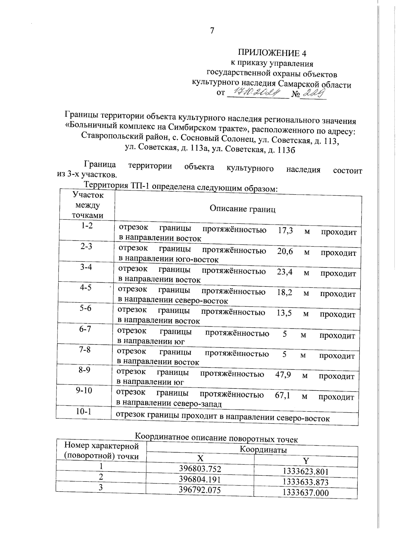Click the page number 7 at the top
(212, 31)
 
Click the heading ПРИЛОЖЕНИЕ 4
(272, 53)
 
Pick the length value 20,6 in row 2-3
(285, 251)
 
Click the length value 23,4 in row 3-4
(285, 272)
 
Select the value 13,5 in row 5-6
(284, 313)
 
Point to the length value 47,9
(283, 374)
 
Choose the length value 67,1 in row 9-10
(282, 395)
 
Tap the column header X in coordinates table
(200, 458)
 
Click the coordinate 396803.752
(200, 469)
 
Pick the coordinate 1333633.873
(305, 482)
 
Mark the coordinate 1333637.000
(305, 493)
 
